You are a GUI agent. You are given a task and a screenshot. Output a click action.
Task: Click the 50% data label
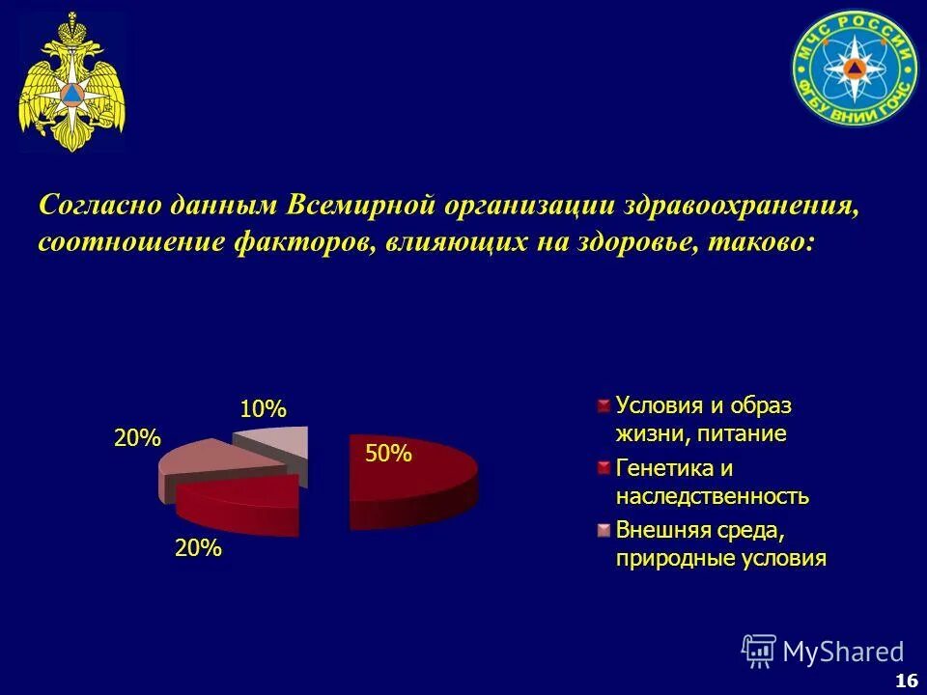[388, 454]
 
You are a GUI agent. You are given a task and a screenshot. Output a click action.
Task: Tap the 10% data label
[264, 409]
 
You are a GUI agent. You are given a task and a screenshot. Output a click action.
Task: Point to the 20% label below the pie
[198, 549]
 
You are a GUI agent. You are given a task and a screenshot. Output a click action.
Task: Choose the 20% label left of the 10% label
[137, 438]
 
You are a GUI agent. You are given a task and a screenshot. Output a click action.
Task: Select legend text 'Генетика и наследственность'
[712, 483]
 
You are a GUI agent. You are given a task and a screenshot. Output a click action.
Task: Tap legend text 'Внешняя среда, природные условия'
[720, 544]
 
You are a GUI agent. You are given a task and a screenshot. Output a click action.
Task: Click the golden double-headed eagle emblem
[72, 82]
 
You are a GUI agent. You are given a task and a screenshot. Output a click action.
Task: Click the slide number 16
[906, 681]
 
